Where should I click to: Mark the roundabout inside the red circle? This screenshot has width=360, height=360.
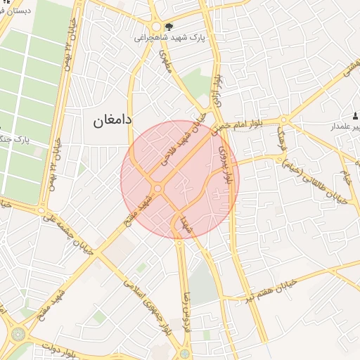157,188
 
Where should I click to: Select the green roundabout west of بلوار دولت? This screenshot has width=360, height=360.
18,333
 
